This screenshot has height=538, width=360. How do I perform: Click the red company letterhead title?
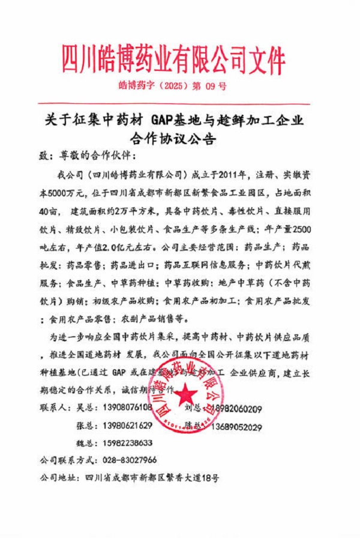tap(173, 59)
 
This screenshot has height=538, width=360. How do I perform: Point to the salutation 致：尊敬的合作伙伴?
tap(87, 155)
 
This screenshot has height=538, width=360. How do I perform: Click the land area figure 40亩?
tap(49, 211)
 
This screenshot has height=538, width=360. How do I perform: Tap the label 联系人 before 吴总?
tap(53, 410)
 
